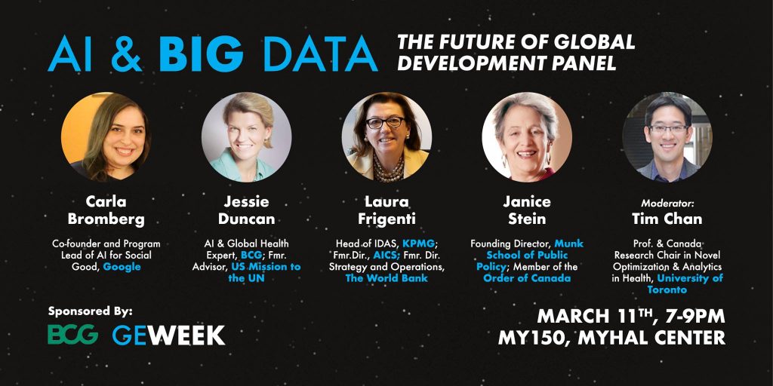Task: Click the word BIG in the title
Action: tap(201, 54)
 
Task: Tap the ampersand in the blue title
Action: tap(125, 54)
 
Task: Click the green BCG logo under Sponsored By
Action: tap(72, 334)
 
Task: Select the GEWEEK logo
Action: tap(168, 335)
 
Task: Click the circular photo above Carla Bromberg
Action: tap(106, 137)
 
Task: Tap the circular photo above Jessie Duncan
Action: tap(247, 137)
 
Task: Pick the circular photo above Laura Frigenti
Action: tap(386, 137)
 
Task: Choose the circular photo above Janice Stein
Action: tap(527, 137)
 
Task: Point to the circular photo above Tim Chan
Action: tap(667, 137)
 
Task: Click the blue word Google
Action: tap(122, 267)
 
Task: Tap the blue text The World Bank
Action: tap(386, 278)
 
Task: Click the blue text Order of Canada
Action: tap(527, 278)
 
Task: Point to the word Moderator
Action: tap(667, 203)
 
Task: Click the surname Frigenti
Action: tap(386, 219)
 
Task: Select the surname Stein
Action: tap(527, 219)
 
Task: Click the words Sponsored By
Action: tap(91, 311)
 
